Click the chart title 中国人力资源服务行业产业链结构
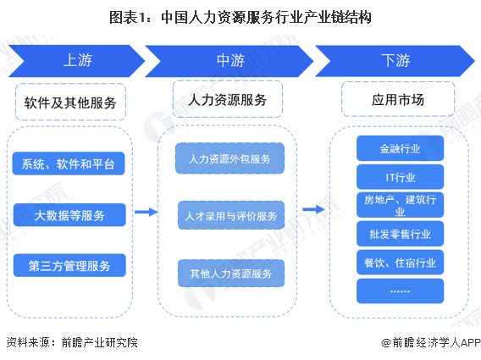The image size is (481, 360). tap(240, 16)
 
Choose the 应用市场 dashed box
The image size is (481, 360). tap(397, 100)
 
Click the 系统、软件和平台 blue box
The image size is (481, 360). tap(69, 163)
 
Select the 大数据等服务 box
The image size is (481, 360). tap(69, 215)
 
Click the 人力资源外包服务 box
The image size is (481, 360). tap(229, 158)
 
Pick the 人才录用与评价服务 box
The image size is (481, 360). tap(229, 215)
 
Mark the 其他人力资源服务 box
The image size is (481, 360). tap(229, 274)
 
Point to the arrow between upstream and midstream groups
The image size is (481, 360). tap(147, 213)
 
